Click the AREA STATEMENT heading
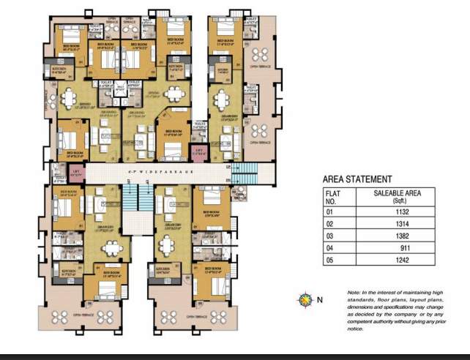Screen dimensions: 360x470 pos(357,179)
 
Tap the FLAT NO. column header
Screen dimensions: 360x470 pos(333,196)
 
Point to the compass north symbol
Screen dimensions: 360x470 pos(304,299)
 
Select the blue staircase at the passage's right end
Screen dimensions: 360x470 pos(249,174)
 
